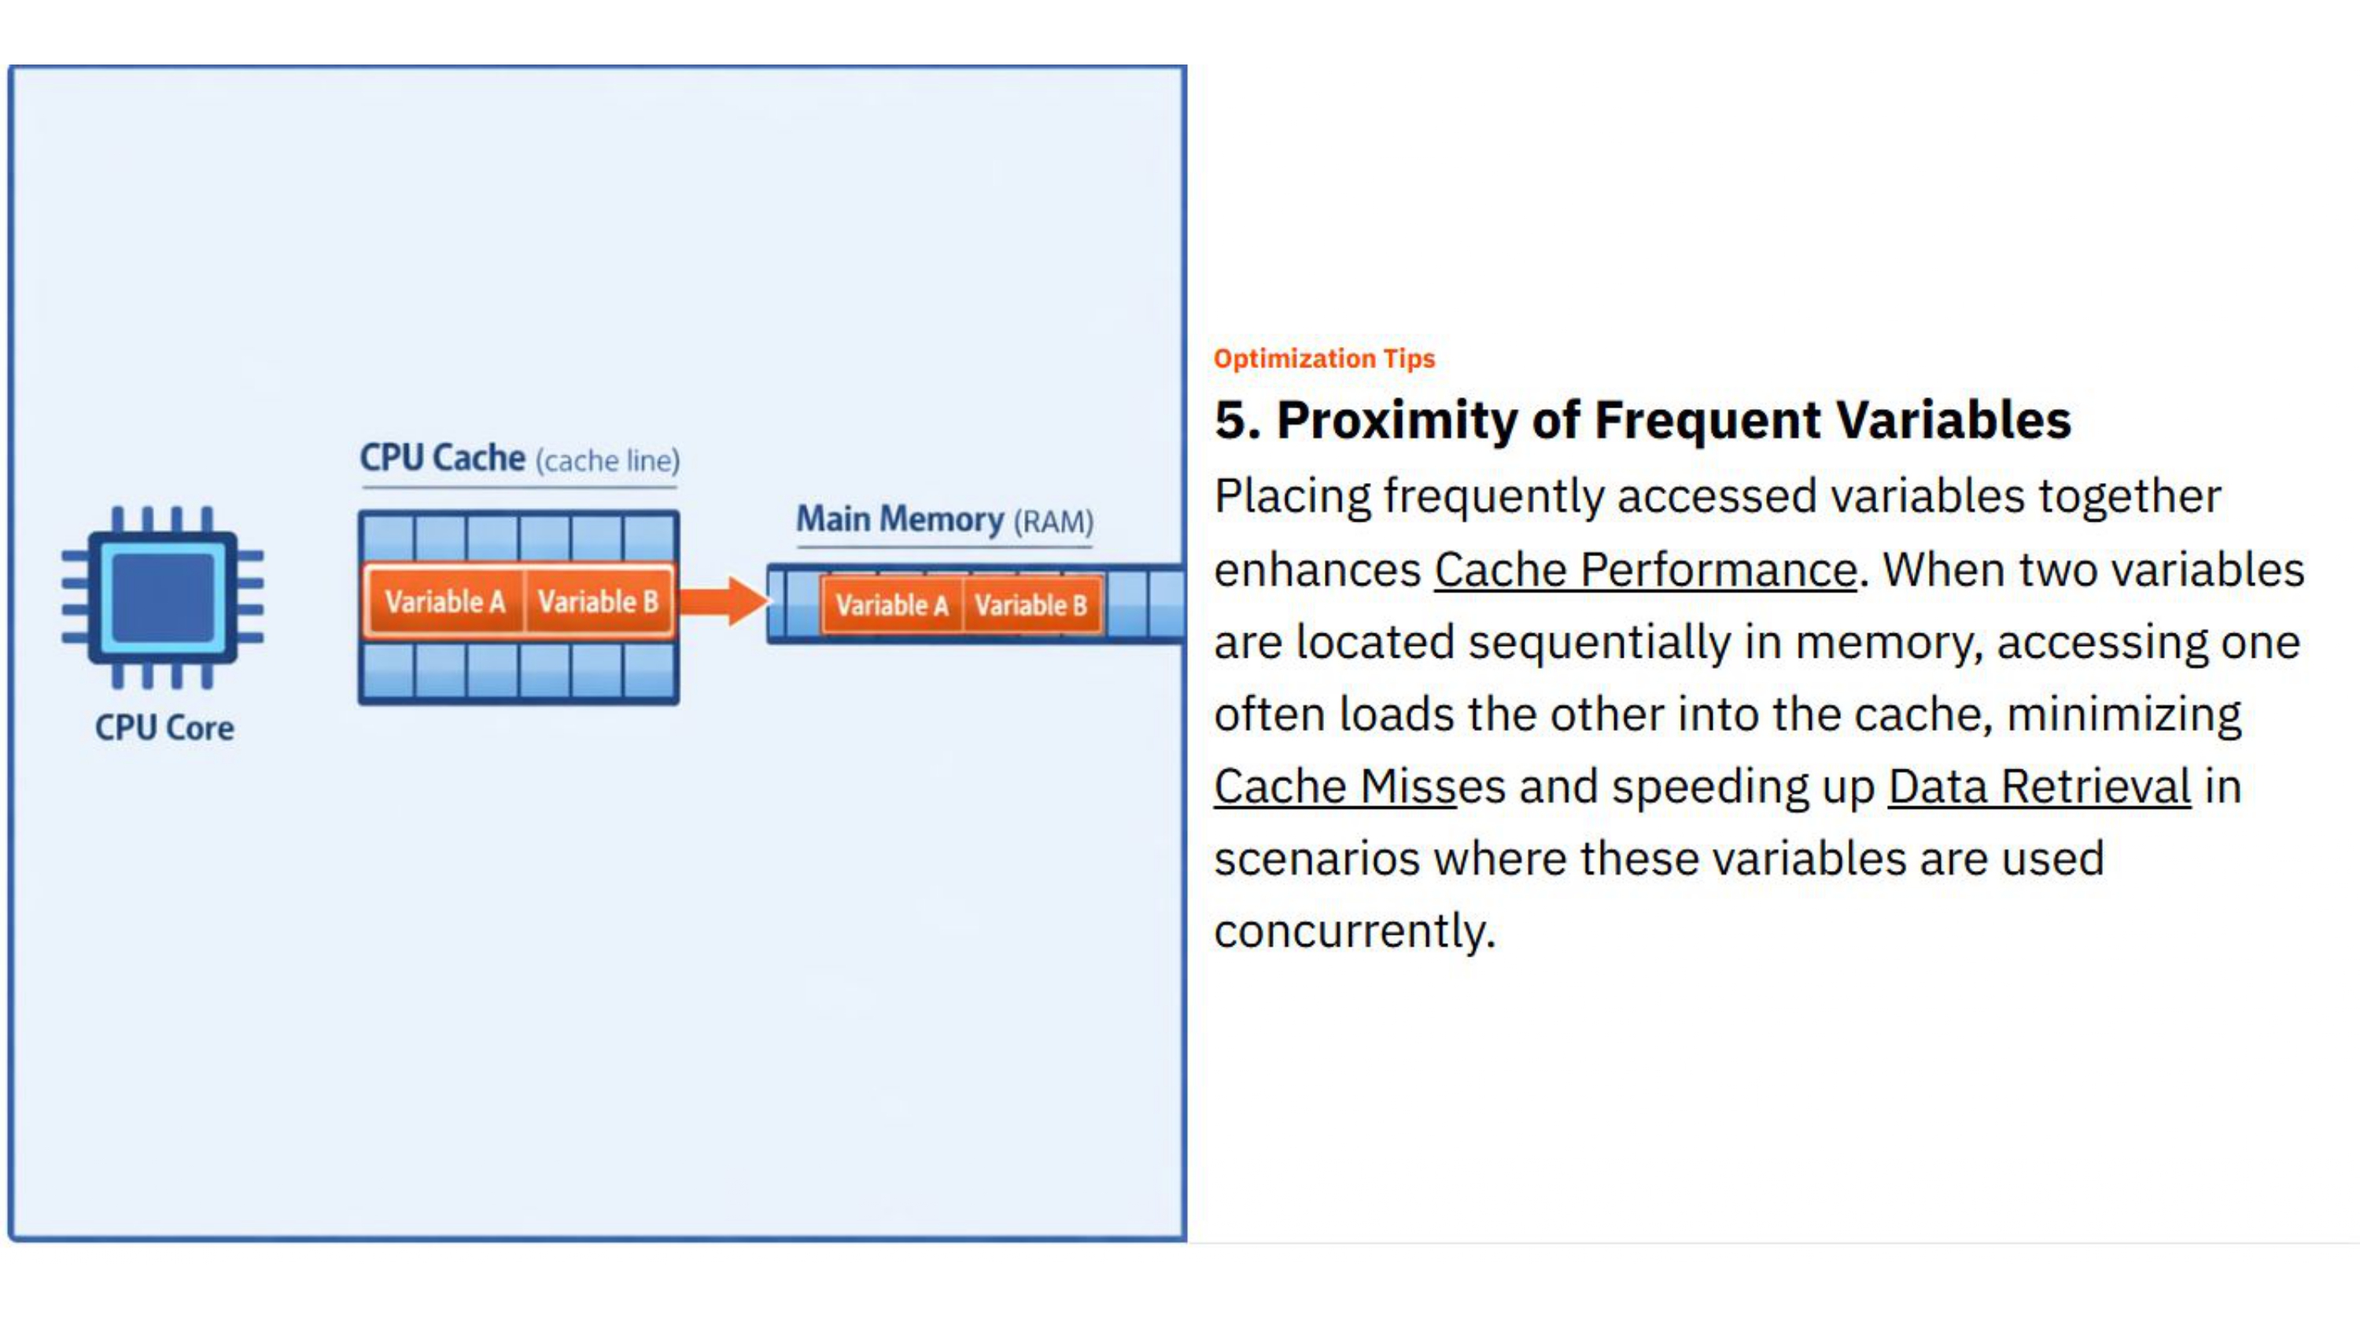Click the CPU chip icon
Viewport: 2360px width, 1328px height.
[163, 598]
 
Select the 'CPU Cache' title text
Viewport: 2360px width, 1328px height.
[442, 457]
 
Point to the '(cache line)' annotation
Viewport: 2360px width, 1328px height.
[607, 461]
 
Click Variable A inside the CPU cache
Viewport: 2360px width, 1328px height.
[444, 602]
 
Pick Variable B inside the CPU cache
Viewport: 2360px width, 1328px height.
[597, 602]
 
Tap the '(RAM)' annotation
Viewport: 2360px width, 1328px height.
[1053, 522]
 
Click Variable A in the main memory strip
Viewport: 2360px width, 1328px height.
[891, 606]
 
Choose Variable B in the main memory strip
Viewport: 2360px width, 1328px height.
[1031, 606]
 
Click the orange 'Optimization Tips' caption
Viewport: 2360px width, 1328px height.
[1324, 358]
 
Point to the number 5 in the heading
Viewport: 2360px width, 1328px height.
[1232, 421]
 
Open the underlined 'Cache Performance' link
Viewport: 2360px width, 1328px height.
[1644, 570]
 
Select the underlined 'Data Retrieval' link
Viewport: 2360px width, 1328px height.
[2038, 788]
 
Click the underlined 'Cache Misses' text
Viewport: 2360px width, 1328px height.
[1335, 788]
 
